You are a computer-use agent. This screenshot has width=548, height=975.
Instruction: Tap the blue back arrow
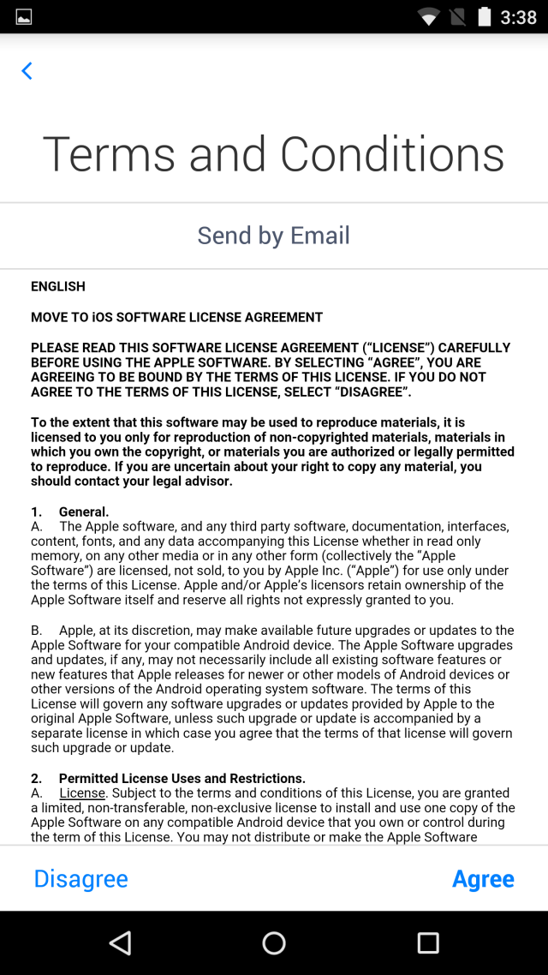pos(27,71)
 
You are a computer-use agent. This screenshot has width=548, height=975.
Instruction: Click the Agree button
pos(483,879)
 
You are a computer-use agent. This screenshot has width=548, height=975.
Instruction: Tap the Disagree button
pos(81,879)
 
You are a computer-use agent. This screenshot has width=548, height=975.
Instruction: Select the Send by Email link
pos(274,236)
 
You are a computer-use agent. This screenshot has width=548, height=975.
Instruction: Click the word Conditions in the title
pos(392,155)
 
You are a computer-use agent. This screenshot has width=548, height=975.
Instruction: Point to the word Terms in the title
pos(109,155)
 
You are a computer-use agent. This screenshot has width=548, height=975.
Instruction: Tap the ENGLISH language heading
pos(58,286)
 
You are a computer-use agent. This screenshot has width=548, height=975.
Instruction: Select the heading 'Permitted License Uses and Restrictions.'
pos(182,779)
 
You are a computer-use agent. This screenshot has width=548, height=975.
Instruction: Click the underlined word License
pos(82,793)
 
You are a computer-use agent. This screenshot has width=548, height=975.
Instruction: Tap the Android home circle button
pos(274,943)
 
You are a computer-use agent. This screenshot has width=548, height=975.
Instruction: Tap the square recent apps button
pos(428,943)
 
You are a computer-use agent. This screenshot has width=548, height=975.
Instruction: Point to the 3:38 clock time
pos(518,17)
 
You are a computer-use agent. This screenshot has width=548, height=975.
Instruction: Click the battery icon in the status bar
pos(485,17)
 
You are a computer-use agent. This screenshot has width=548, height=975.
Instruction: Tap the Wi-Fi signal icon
pos(428,17)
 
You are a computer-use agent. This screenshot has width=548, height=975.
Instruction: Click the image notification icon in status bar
pos(24,17)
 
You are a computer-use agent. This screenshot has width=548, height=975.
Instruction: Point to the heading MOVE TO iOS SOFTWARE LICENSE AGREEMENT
pos(176,317)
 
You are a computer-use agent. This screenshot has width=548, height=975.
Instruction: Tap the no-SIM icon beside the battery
pos(458,17)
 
